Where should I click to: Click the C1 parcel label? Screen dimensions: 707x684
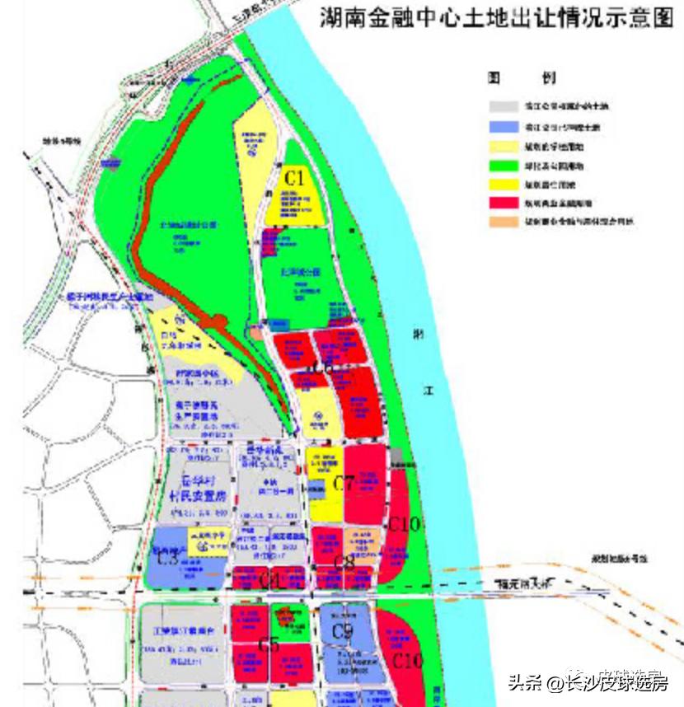coord(295,177)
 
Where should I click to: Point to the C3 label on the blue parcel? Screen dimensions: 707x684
coord(168,557)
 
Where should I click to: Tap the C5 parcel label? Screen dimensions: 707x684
coord(269,644)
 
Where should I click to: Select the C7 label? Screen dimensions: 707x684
coord(344,484)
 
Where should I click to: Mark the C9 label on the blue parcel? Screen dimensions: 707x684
coord(342,632)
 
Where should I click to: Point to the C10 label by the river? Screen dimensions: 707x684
coord(405,523)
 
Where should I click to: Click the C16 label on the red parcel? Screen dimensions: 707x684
coord(407,660)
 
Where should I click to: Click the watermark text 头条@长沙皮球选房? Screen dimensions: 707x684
coord(587,682)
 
